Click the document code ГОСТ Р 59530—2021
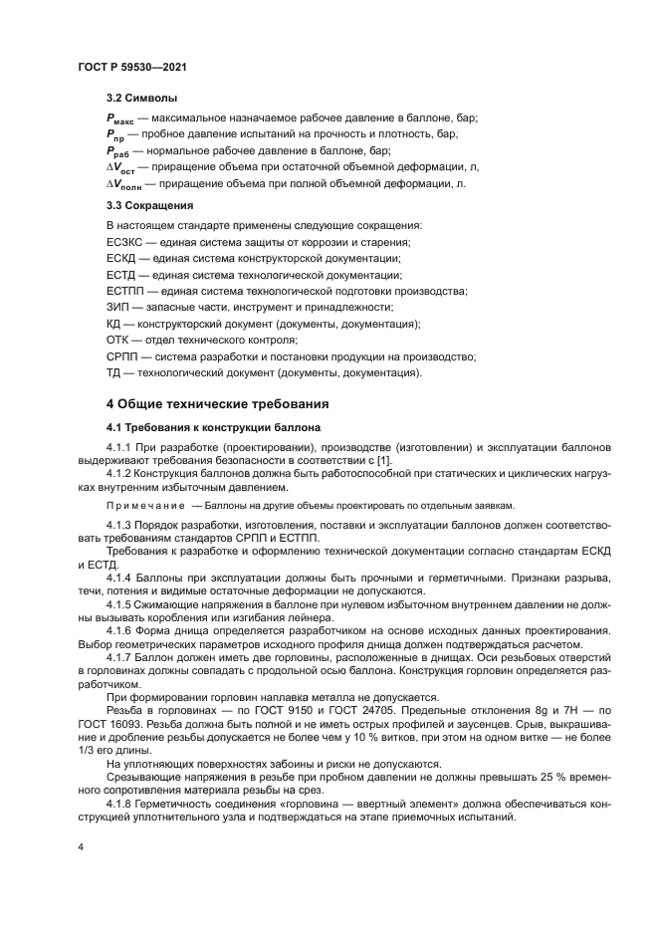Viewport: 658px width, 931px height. click(132, 66)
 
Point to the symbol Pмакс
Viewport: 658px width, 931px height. click(120, 118)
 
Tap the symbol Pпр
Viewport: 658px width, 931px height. click(116, 134)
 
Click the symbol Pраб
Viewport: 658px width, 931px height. click(119, 150)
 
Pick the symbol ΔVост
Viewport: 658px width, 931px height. click(124, 167)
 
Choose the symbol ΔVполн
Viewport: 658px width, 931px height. click(127, 184)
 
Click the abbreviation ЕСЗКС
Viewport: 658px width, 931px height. click(125, 242)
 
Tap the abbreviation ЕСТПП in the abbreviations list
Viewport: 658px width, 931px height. click(125, 291)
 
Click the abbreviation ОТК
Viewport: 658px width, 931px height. click(118, 341)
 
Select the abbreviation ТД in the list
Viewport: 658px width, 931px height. click(113, 373)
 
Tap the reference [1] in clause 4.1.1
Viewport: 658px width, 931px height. click(383, 461)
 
